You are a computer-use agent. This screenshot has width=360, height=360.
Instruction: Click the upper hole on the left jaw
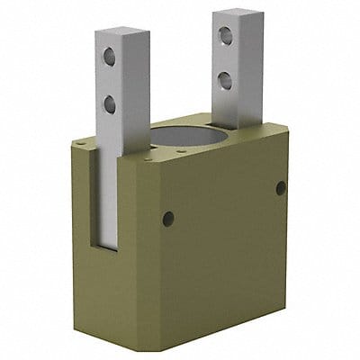click(110, 58)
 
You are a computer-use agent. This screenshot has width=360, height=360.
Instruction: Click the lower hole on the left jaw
click(110, 104)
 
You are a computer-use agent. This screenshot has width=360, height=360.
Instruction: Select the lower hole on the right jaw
click(221, 83)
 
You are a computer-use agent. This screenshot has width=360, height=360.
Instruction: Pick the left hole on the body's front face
click(168, 217)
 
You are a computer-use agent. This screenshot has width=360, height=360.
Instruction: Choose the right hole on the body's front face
click(281, 187)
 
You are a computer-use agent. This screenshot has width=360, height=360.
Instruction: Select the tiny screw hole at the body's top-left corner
click(83, 142)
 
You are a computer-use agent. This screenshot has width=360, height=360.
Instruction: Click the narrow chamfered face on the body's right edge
click(296, 207)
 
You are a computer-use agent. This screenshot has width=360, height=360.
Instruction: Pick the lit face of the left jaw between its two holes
click(110, 81)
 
